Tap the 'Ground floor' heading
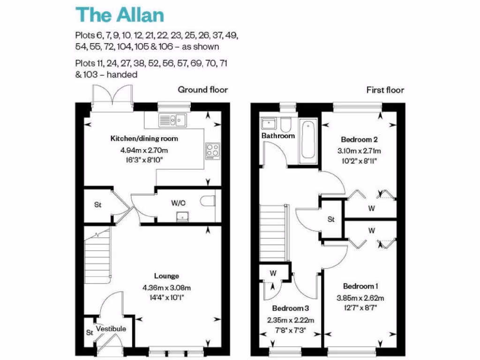click(x=202, y=90)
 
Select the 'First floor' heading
click(x=385, y=90)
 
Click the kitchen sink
click(x=172, y=120)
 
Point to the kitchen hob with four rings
click(x=212, y=150)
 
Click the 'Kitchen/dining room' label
click(x=144, y=139)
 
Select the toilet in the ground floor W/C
click(x=207, y=201)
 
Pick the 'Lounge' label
click(x=166, y=276)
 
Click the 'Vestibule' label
click(x=111, y=329)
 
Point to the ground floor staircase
click(x=97, y=257)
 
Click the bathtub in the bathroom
click(x=308, y=139)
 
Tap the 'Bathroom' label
click(x=278, y=136)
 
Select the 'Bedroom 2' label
click(x=360, y=139)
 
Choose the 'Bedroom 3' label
click(x=291, y=308)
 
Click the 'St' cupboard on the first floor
click(x=331, y=219)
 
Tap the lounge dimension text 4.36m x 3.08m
click(x=166, y=288)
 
